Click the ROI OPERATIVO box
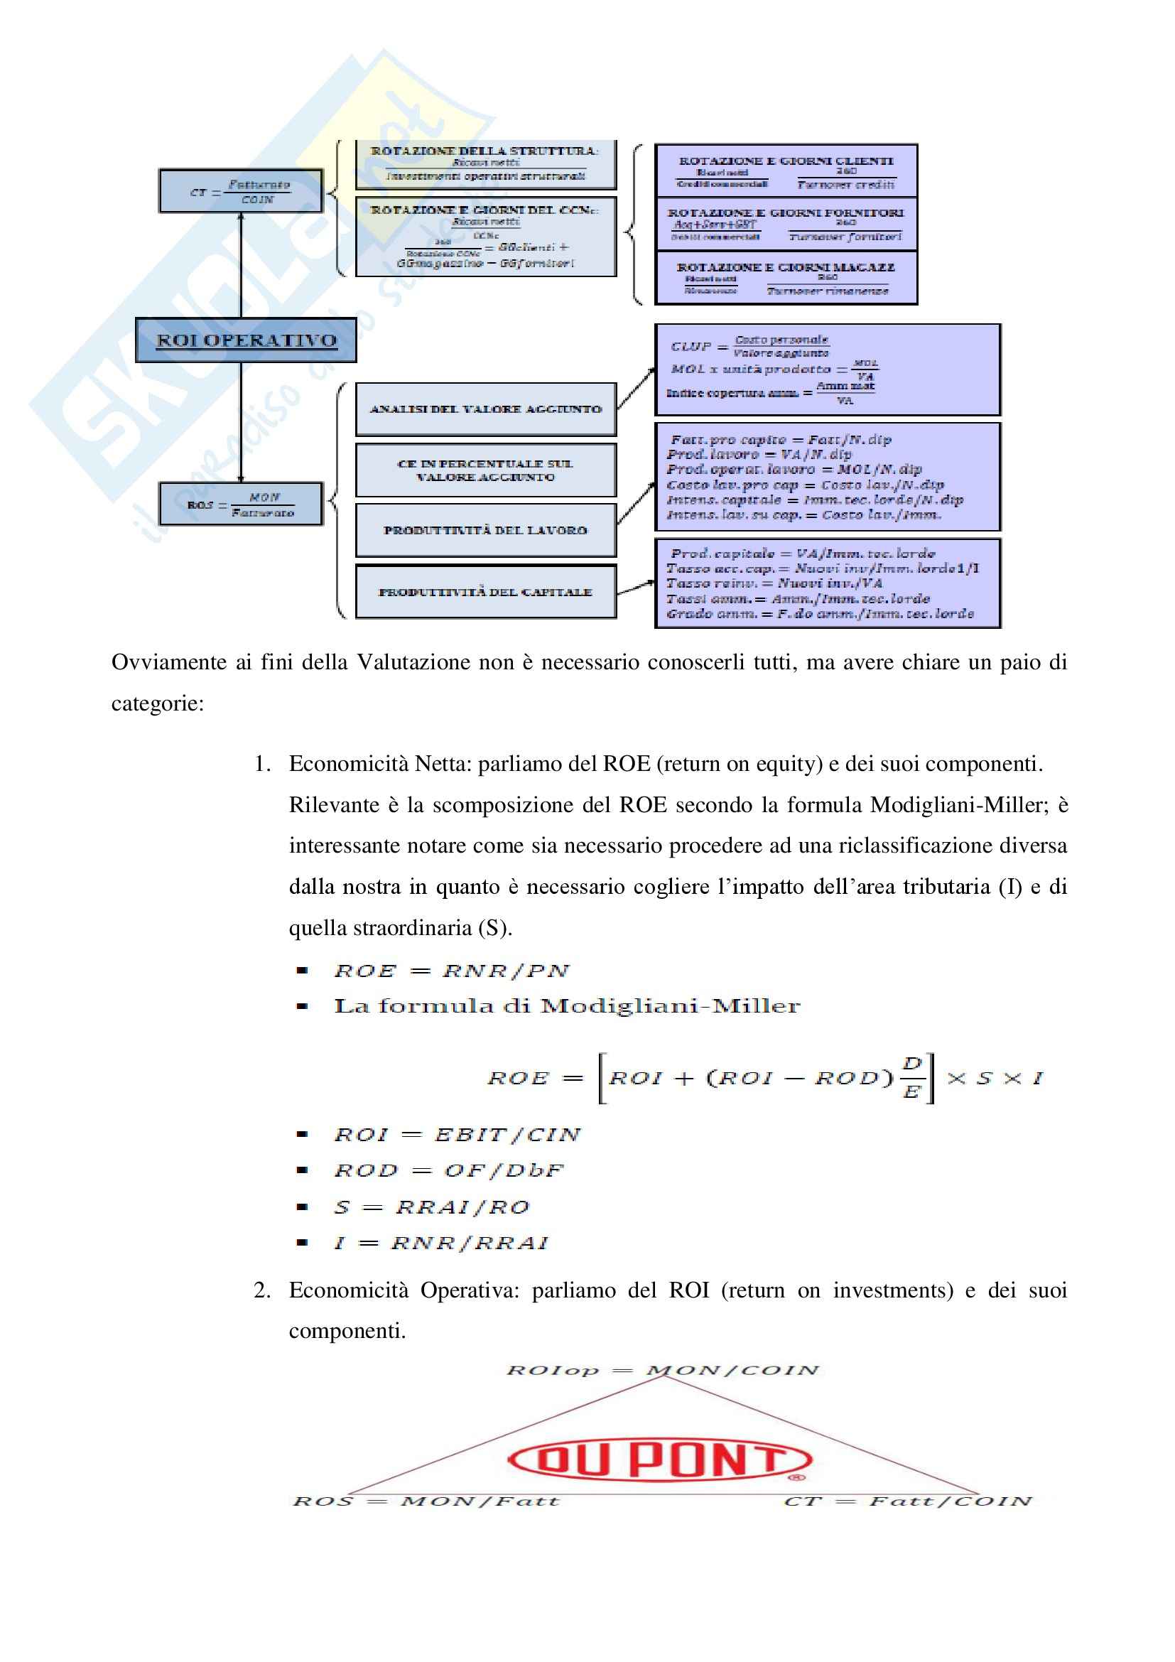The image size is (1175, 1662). [246, 340]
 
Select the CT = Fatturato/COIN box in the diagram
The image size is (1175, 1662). [241, 192]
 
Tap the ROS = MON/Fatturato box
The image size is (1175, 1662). [241, 504]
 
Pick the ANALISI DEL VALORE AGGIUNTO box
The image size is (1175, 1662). [485, 410]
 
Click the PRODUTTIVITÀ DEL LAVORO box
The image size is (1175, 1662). [485, 531]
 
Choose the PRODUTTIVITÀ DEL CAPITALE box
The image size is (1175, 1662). [485, 592]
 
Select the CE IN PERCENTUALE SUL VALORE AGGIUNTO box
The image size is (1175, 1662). [485, 470]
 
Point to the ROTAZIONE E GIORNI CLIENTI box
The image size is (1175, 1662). [786, 171]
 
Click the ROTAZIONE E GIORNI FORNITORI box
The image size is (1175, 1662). [786, 225]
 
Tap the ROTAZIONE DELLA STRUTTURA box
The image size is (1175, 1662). [485, 163]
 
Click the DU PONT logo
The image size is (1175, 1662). [659, 1460]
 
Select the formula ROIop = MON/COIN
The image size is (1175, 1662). [662, 1370]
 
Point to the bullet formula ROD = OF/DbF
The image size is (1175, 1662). [448, 1170]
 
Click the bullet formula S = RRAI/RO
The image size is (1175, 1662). [431, 1207]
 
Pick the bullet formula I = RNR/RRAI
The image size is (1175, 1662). [440, 1243]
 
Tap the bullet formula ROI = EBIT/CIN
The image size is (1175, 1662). [457, 1134]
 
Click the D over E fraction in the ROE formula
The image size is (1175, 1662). [912, 1078]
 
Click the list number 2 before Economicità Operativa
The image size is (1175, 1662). [262, 1290]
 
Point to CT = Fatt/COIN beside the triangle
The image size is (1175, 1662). [907, 1501]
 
